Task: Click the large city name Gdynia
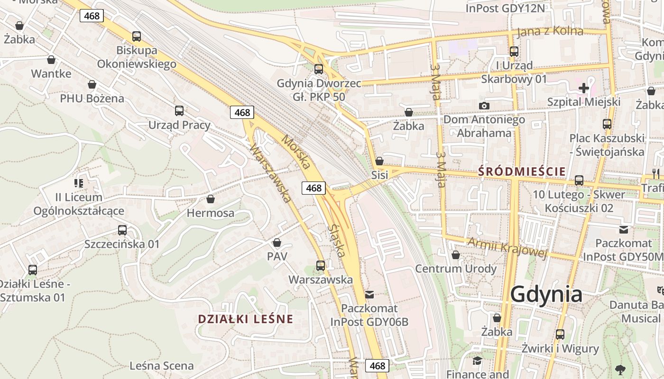(x=546, y=294)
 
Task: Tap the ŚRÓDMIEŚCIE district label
(x=522, y=171)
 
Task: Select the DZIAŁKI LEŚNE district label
(x=246, y=319)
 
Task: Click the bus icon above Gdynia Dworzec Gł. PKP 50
(x=319, y=69)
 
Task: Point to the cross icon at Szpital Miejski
(x=583, y=88)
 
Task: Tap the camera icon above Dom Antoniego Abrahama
(x=484, y=106)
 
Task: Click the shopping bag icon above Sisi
(x=379, y=161)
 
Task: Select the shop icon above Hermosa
(x=210, y=199)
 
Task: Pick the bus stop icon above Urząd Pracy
(x=179, y=111)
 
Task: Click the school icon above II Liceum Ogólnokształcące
(x=78, y=183)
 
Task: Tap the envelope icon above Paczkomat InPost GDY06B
(x=369, y=295)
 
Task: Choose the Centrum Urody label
(x=456, y=269)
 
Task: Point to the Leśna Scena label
(x=162, y=366)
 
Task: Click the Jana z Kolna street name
(x=550, y=31)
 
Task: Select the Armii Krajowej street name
(x=507, y=247)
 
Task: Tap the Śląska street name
(x=336, y=240)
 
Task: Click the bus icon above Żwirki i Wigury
(x=560, y=334)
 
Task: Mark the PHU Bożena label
(x=92, y=99)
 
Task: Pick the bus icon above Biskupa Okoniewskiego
(x=137, y=36)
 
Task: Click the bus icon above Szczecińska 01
(x=122, y=230)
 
